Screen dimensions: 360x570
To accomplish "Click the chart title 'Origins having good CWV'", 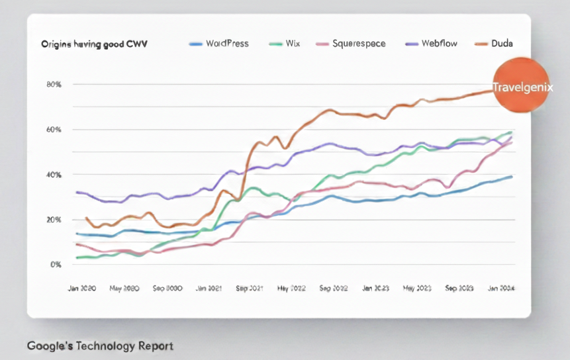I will click(x=94, y=44).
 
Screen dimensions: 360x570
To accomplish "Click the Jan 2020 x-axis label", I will click(x=83, y=289).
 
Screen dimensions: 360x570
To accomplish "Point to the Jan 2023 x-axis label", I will click(x=375, y=289).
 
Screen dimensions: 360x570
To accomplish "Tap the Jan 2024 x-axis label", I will click(x=501, y=289).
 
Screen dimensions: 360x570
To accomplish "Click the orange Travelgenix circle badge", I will click(x=522, y=86).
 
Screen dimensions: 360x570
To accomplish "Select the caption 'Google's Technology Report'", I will click(x=100, y=346).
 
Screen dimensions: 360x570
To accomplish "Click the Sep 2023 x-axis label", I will click(x=459, y=289).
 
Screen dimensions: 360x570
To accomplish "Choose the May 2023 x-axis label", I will click(x=418, y=289).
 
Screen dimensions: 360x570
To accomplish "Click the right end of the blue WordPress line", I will click(x=512, y=177).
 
